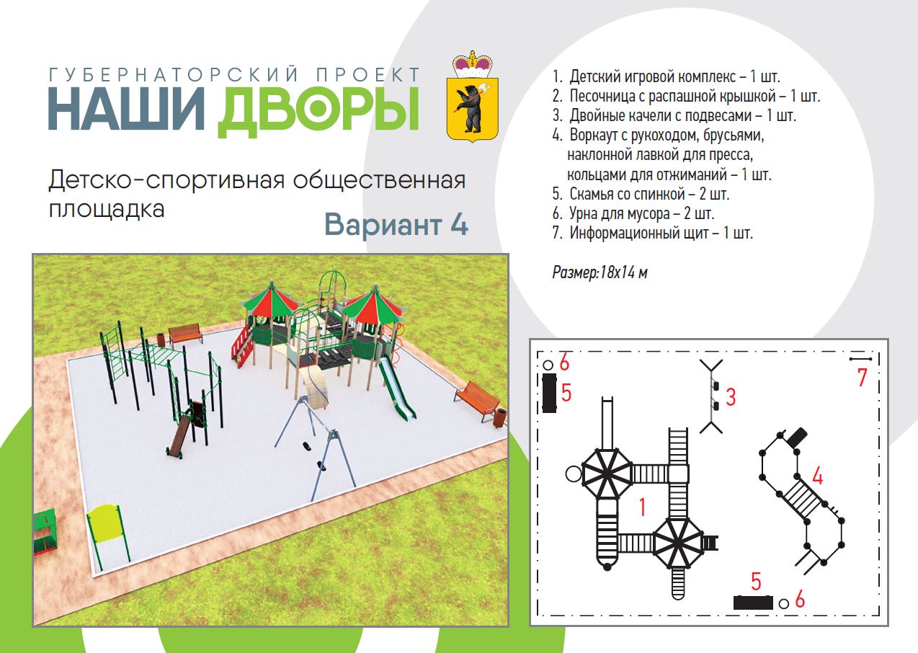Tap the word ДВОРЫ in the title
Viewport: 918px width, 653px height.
point(318,112)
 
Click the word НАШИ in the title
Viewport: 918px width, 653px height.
point(126,109)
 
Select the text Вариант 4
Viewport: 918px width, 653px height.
point(396,225)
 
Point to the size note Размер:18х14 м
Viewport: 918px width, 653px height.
point(600,272)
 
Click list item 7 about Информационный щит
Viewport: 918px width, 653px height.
point(652,234)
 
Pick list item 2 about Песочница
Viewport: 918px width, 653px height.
point(686,96)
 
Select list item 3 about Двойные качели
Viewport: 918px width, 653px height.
point(674,115)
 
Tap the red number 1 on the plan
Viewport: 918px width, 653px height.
point(642,507)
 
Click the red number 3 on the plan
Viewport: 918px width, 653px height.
point(731,397)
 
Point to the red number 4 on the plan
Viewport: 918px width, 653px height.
point(817,476)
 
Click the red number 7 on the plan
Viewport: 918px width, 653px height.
point(863,377)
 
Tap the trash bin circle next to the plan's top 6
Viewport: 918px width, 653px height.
point(548,365)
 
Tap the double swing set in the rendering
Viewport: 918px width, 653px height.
point(316,446)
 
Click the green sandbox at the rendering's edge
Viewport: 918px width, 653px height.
point(44,532)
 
